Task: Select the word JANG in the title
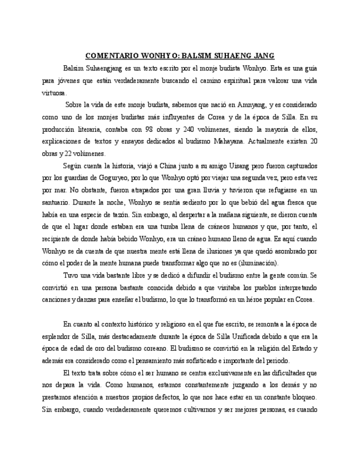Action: (263, 56)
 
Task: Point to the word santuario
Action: (54, 202)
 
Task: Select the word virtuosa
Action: (54, 92)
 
